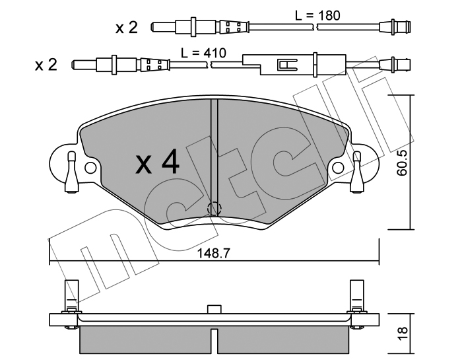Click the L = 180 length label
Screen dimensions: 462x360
pos(317,15)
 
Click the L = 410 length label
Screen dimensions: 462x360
pos(203,53)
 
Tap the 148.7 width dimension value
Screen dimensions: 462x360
pos(213,254)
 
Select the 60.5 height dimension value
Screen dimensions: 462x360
pos(401,162)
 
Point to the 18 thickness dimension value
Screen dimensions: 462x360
pos(402,334)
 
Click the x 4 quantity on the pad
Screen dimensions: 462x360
pos(157,162)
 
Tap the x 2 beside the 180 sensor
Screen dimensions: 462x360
pos(127,28)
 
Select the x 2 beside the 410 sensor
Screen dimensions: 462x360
pos(46,65)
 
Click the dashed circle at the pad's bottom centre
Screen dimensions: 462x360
pos(214,209)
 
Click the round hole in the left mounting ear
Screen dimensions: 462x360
pos(90,168)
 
